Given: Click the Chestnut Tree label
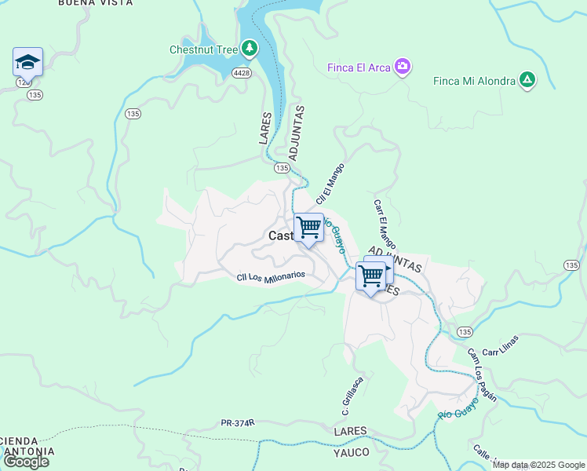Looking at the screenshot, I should pyautogui.click(x=203, y=49).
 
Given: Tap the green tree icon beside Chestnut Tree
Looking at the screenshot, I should pyautogui.click(x=250, y=49).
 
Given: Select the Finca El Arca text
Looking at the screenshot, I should pyautogui.click(x=359, y=68).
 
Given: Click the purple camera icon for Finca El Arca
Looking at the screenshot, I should pyautogui.click(x=403, y=67).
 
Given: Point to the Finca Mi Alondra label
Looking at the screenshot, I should pyautogui.click(x=474, y=81).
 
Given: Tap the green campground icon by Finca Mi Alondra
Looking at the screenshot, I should pyautogui.click(x=528, y=80).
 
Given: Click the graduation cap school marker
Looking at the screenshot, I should pyautogui.click(x=27, y=62).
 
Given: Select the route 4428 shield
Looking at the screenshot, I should pyautogui.click(x=241, y=72).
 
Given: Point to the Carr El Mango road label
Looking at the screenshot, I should pyautogui.click(x=385, y=222).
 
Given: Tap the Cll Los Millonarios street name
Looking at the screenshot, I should pyautogui.click(x=271, y=279).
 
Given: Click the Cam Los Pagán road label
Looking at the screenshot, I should pyautogui.click(x=483, y=374).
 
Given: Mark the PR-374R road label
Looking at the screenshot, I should pyautogui.click(x=238, y=422).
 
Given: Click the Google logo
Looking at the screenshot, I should pyautogui.click(x=25, y=462).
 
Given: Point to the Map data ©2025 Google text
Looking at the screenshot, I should pyautogui.click(x=538, y=465).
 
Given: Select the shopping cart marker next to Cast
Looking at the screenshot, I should pyautogui.click(x=309, y=228).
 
